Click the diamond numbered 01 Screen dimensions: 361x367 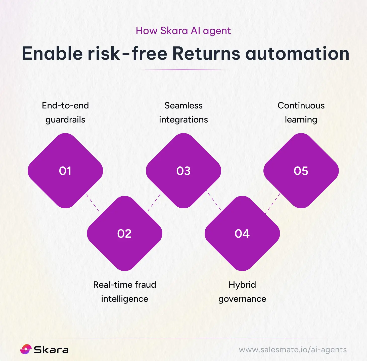[x=65, y=171]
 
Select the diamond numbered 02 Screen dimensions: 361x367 [x=124, y=233]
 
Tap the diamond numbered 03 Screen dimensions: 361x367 [x=183, y=171]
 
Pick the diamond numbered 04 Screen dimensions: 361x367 [x=242, y=233]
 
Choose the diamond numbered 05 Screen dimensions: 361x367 [x=301, y=171]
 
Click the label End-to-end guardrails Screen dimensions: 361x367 [x=65, y=112]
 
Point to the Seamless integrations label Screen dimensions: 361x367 [x=183, y=112]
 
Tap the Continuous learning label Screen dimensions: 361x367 [x=301, y=112]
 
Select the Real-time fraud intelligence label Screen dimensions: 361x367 [x=125, y=292]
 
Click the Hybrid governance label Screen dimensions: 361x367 [x=242, y=292]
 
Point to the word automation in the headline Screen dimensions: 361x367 [x=297, y=53]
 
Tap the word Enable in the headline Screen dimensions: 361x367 [x=52, y=53]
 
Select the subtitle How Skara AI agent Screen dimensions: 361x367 [x=183, y=31]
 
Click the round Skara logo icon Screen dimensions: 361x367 [x=26, y=349]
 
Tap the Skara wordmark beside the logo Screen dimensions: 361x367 [x=51, y=350]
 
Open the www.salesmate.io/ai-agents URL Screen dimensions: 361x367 [x=293, y=350]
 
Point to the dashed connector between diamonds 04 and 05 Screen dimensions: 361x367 [x=273, y=203]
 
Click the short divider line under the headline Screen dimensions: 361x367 [x=183, y=70]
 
